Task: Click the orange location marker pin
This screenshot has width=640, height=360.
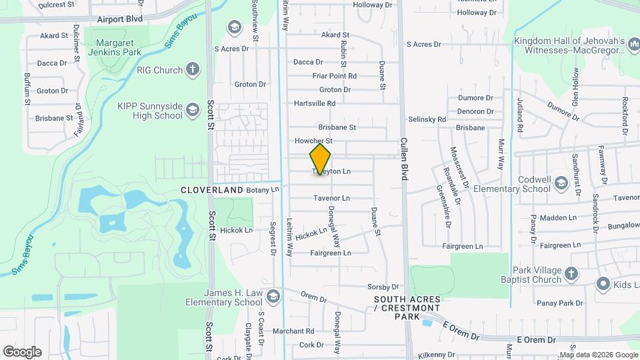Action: tap(320, 159)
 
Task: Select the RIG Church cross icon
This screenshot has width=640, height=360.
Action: tap(193, 69)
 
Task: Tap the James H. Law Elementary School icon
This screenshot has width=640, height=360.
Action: tap(272, 297)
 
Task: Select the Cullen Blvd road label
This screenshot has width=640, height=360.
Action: tap(403, 160)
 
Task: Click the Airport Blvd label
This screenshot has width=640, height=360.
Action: tap(119, 19)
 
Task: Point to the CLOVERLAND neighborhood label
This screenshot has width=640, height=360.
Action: tap(212, 190)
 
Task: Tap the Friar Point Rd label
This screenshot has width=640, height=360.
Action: tap(335, 76)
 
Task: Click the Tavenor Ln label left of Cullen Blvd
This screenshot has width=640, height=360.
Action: tap(331, 198)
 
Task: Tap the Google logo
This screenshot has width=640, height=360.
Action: tap(22, 351)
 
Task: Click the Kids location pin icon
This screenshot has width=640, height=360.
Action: tap(603, 285)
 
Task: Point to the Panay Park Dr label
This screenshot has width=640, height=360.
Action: tap(561, 303)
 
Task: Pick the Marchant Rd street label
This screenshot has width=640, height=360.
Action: tap(293, 331)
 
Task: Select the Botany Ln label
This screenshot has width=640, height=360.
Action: tap(262, 190)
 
